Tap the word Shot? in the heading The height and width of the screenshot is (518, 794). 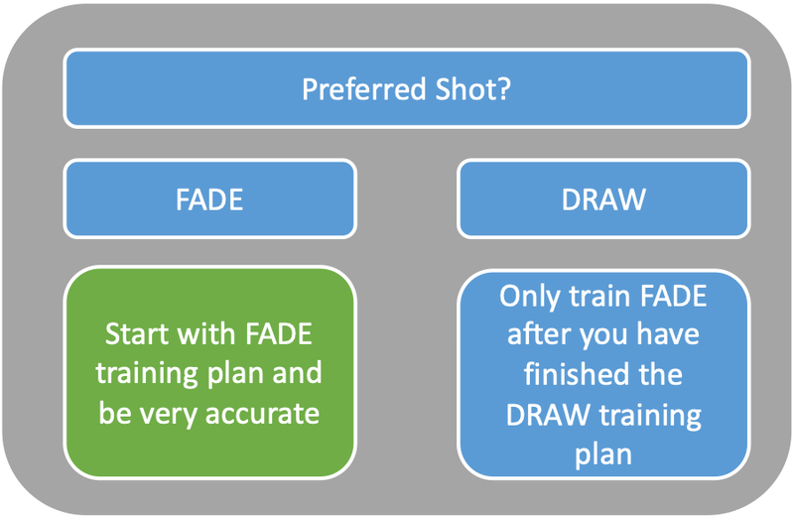click(475, 89)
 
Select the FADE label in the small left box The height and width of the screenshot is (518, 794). click(209, 199)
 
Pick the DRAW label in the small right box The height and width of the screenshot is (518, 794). click(602, 199)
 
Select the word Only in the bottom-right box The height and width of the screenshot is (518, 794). click(530, 297)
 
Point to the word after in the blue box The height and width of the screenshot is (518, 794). click(541, 334)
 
